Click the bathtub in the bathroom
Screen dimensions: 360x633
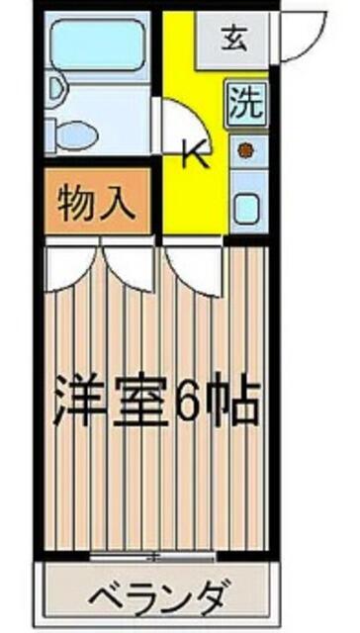(98, 45)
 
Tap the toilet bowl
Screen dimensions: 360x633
(77, 136)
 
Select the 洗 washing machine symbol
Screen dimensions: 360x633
(247, 103)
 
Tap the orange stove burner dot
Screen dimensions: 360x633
(244, 150)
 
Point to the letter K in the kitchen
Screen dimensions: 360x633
(196, 153)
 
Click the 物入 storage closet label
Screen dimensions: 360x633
(96, 202)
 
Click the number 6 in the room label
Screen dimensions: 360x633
(190, 400)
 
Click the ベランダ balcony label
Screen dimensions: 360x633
(160, 596)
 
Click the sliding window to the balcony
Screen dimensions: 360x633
(152, 559)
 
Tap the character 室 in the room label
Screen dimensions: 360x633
(140, 399)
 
